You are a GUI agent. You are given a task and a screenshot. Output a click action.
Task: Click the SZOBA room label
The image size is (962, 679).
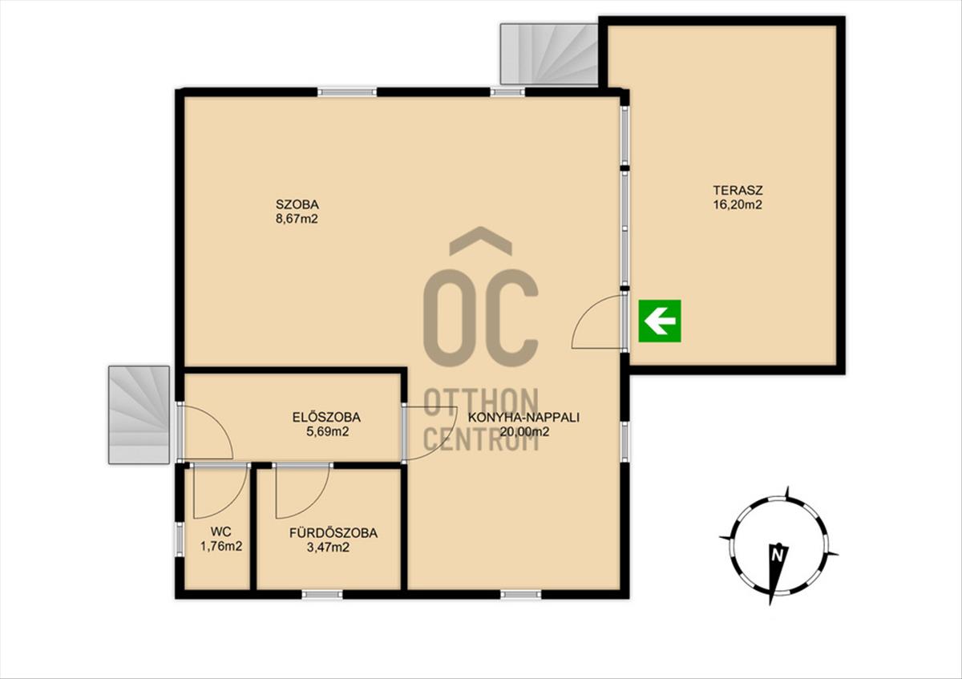tap(297, 204)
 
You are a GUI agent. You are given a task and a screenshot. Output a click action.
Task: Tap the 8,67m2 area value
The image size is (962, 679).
tap(297, 219)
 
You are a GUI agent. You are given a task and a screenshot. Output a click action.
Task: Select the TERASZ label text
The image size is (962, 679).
tap(738, 190)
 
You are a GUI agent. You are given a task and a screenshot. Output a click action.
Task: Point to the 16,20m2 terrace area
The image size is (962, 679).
tap(738, 205)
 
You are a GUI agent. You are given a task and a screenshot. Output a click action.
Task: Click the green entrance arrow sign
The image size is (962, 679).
tap(660, 321)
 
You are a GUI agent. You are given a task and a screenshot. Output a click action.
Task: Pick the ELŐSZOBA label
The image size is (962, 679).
tap(327, 417)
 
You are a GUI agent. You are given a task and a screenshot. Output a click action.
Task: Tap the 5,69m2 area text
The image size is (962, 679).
tap(327, 431)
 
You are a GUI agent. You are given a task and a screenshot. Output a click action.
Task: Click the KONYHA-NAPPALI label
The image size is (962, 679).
tap(523, 417)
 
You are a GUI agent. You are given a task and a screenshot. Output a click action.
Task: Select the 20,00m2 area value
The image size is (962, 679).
tap(524, 431)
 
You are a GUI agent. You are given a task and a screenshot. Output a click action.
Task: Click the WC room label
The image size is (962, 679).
tap(221, 531)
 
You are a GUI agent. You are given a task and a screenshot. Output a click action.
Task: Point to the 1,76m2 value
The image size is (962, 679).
tap(221, 546)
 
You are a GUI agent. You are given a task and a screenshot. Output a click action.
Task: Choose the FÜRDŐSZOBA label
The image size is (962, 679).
tap(333, 532)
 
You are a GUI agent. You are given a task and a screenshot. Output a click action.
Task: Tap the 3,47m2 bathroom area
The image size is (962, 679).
tap(328, 548)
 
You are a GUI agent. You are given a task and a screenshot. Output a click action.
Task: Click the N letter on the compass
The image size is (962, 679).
tap(777, 556)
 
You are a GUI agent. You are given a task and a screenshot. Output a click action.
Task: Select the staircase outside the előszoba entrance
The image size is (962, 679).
tap(139, 414)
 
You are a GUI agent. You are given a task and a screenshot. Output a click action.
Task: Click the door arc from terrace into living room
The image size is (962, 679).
tap(584, 313)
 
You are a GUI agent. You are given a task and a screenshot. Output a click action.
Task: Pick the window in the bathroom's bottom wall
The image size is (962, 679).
tap(322, 594)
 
